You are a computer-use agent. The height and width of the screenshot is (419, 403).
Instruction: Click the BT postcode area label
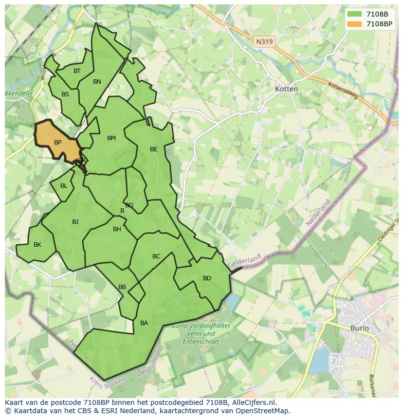tap(77, 71)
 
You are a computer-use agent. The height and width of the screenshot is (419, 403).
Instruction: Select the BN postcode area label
tap(97, 82)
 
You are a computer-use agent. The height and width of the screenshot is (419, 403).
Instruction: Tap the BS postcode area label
tap(65, 94)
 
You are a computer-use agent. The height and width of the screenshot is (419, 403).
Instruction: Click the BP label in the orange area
tap(57, 143)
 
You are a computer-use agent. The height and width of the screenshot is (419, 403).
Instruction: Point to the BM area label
tap(111, 138)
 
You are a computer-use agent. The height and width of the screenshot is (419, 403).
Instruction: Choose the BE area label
tap(154, 149)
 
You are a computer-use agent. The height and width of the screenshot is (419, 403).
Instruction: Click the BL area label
tap(64, 186)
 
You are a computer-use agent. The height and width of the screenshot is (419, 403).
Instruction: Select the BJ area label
tap(75, 222)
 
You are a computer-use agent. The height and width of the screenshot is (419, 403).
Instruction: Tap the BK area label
tap(37, 245)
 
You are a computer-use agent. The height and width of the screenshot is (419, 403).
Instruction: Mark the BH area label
tap(117, 229)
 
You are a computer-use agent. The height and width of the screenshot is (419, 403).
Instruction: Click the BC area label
tap(156, 256)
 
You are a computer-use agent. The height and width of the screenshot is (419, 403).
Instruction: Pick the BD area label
tap(207, 278)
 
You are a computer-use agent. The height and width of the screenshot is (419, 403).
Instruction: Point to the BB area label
tap(122, 287)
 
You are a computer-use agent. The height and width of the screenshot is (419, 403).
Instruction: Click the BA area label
tap(144, 323)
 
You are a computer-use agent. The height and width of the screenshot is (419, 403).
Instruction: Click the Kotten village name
tap(287, 89)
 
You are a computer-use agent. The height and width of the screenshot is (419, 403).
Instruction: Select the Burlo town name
tap(360, 328)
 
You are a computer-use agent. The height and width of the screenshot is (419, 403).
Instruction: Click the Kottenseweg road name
tap(343, 90)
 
